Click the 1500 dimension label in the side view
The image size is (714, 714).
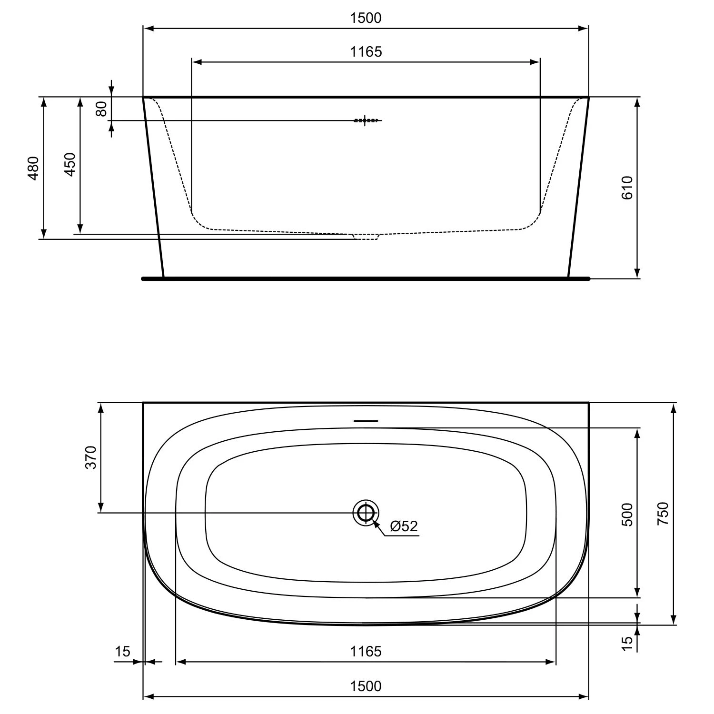tap(366, 18)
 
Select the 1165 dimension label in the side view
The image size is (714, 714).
tap(366, 51)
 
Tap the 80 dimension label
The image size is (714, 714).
tap(101, 109)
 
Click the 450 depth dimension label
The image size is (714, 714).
tap(70, 165)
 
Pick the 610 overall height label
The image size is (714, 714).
tap(627, 188)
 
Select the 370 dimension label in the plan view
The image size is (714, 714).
tap(91, 457)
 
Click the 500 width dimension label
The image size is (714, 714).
tap(627, 514)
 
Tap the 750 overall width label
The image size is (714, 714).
tap(663, 514)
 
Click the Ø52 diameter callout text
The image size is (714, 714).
tap(404, 526)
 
